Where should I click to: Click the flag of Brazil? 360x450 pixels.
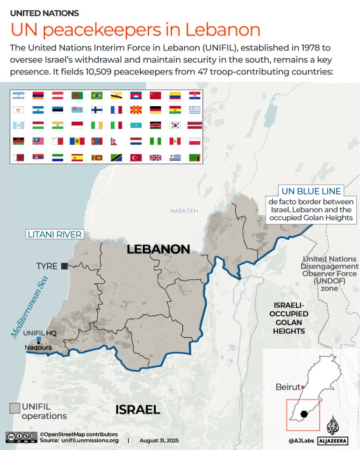97,95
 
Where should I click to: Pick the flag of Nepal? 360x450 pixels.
116,141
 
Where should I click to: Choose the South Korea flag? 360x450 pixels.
175,126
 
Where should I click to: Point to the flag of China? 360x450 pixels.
156,95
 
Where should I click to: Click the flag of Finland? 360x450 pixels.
97,110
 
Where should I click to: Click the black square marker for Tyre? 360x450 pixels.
65,266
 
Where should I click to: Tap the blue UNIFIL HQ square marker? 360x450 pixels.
39,339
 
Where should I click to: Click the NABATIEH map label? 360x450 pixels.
184,211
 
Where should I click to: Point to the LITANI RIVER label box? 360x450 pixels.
55,234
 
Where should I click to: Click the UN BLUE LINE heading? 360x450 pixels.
311,191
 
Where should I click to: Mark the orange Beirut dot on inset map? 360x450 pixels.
303,387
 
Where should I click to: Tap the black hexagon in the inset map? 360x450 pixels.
304,414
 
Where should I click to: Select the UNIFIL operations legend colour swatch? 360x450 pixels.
15,407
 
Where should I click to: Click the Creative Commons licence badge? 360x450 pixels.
21,437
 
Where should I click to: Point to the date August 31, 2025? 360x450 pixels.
159,441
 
